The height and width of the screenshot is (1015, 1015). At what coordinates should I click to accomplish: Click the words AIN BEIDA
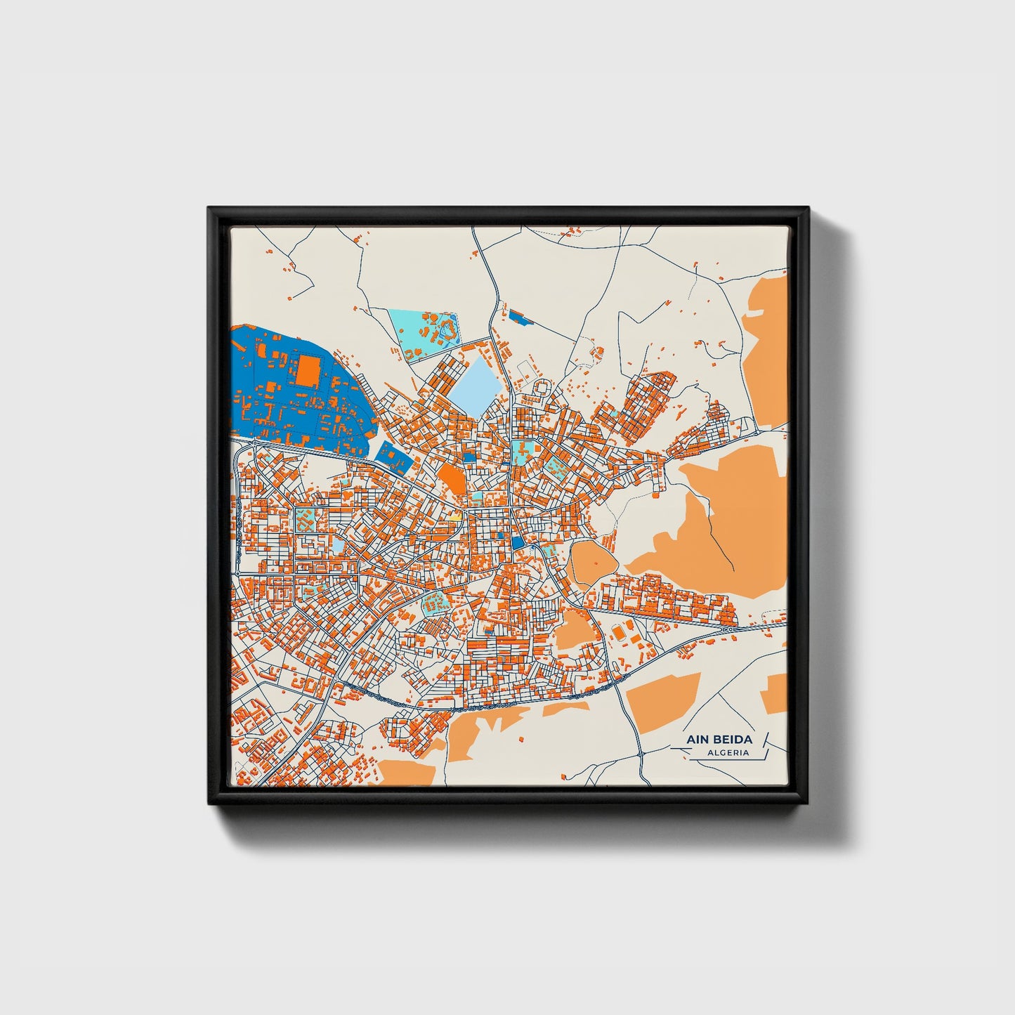[x=719, y=739]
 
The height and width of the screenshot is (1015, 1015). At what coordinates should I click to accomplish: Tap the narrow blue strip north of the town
[x=520, y=317]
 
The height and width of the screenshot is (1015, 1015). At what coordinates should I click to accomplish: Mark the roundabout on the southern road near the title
[x=641, y=754]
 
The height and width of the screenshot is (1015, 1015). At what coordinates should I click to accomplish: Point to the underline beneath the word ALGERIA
[x=724, y=759]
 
